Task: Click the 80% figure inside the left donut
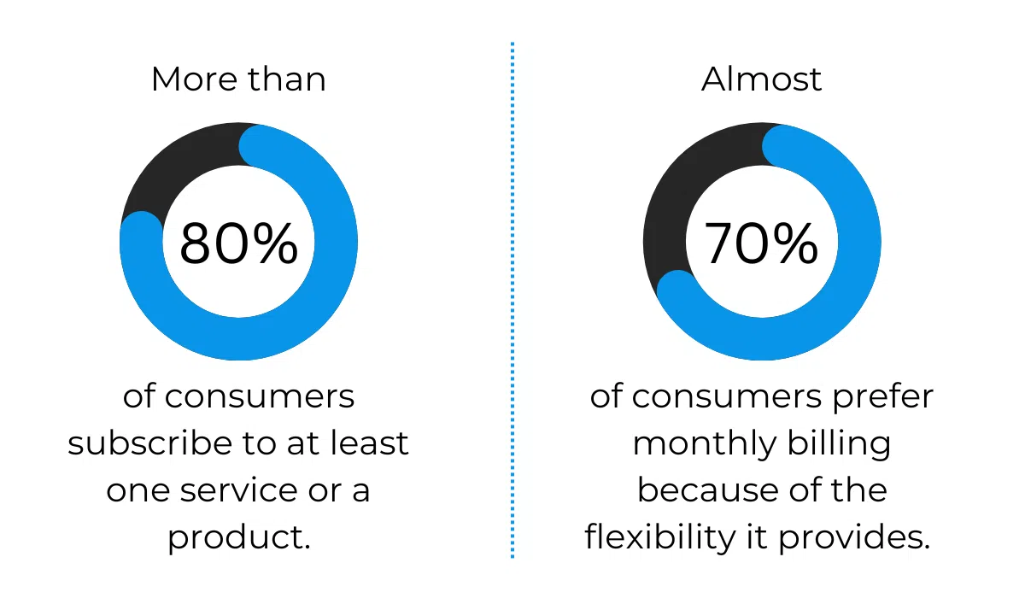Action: pyautogui.click(x=238, y=243)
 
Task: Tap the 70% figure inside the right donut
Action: pyautogui.click(x=761, y=243)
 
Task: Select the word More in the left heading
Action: pyautogui.click(x=195, y=79)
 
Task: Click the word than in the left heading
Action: pyautogui.click(x=287, y=79)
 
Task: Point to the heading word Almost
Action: pyautogui.click(x=761, y=79)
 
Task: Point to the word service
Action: pyautogui.click(x=239, y=490)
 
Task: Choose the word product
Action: pyautogui.click(x=239, y=536)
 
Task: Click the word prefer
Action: pyautogui.click(x=882, y=396)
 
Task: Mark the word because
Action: pyautogui.click(x=708, y=490)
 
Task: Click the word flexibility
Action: pyautogui.click(x=659, y=536)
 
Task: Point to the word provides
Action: pyautogui.click(x=854, y=536)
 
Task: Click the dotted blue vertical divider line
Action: pyautogui.click(x=512, y=300)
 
